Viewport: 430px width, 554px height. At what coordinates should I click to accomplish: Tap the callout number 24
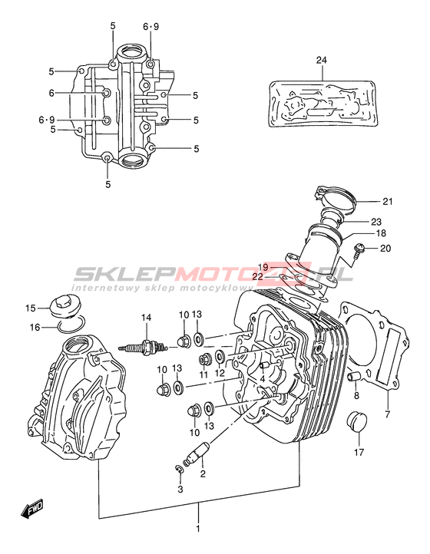tap(322, 60)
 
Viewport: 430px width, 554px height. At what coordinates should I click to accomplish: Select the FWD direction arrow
tap(31, 508)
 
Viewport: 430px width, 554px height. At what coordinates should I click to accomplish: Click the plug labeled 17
tap(357, 421)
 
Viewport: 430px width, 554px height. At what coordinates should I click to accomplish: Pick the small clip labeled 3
tap(179, 469)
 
